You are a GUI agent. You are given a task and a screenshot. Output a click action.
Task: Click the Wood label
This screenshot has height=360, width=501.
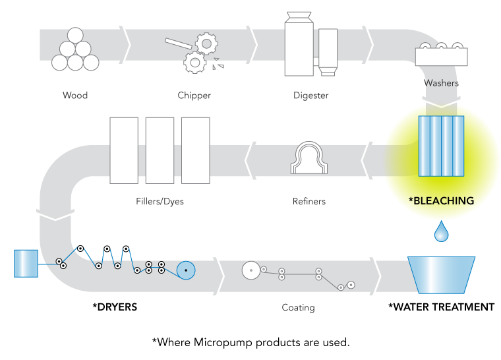click(x=75, y=96)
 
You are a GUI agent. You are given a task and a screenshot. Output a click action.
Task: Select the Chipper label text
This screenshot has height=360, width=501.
click(x=194, y=96)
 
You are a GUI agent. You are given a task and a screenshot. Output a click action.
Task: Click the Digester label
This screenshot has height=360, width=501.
click(x=311, y=96)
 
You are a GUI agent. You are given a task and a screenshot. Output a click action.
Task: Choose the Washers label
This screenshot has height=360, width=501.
click(x=442, y=84)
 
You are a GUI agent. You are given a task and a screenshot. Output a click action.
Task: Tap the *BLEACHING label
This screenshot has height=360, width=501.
click(x=442, y=201)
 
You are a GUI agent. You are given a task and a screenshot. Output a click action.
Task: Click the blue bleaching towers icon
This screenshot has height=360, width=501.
click(x=442, y=144)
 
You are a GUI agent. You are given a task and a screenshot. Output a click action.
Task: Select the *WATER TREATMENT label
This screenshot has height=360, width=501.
click(x=442, y=307)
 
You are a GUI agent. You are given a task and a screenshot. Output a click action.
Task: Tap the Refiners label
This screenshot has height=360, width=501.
click(x=309, y=202)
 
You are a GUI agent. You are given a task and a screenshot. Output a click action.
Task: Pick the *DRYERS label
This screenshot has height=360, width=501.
click(x=115, y=307)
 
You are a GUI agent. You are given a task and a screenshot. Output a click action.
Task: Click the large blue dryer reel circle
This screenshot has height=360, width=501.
click(x=187, y=270)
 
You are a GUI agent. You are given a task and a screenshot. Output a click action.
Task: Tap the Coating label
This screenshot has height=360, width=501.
click(x=298, y=307)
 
